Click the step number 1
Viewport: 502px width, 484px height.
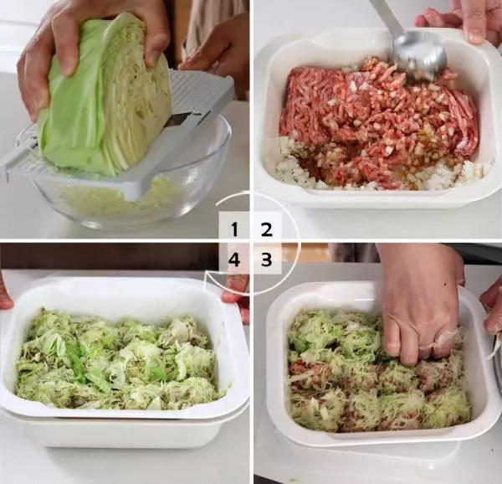[234, 229]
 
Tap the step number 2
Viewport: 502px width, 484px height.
[267, 229]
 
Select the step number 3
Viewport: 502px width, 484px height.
[267, 259]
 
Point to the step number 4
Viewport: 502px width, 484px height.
[234, 259]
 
